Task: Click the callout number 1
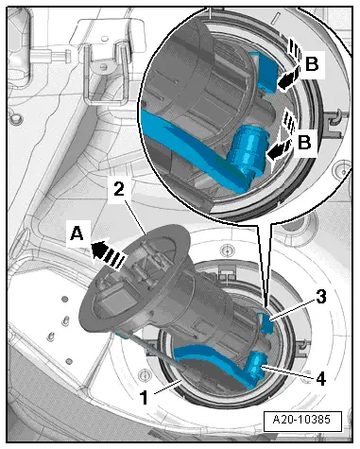pyautogui.click(x=144, y=397)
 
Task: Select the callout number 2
pyautogui.click(x=119, y=190)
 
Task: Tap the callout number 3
pyautogui.click(x=320, y=297)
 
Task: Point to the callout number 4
pyautogui.click(x=320, y=378)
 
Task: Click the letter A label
pyautogui.click(x=77, y=234)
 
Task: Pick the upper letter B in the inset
pyautogui.click(x=312, y=64)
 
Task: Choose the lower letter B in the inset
pyautogui.click(x=304, y=142)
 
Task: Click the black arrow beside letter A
pyautogui.click(x=108, y=254)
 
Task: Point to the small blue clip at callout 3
pyautogui.click(x=266, y=323)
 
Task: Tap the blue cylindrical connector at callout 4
pyautogui.click(x=257, y=367)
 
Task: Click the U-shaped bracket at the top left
pyautogui.click(x=105, y=73)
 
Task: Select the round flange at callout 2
pyautogui.click(x=134, y=277)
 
